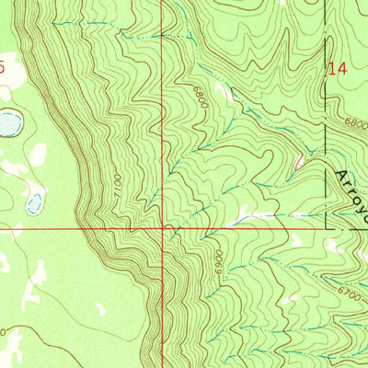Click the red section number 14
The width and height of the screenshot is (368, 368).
point(338,68)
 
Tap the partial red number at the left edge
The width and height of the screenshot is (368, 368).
point(3,67)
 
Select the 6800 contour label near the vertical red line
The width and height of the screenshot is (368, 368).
point(198,98)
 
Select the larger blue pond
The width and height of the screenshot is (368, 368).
point(9,121)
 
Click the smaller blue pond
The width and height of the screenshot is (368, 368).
point(35,202)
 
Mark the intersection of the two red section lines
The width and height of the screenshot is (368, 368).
point(165,227)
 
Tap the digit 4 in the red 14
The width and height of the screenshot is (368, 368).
point(342,68)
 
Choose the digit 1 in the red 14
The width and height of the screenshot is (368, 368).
point(333,68)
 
